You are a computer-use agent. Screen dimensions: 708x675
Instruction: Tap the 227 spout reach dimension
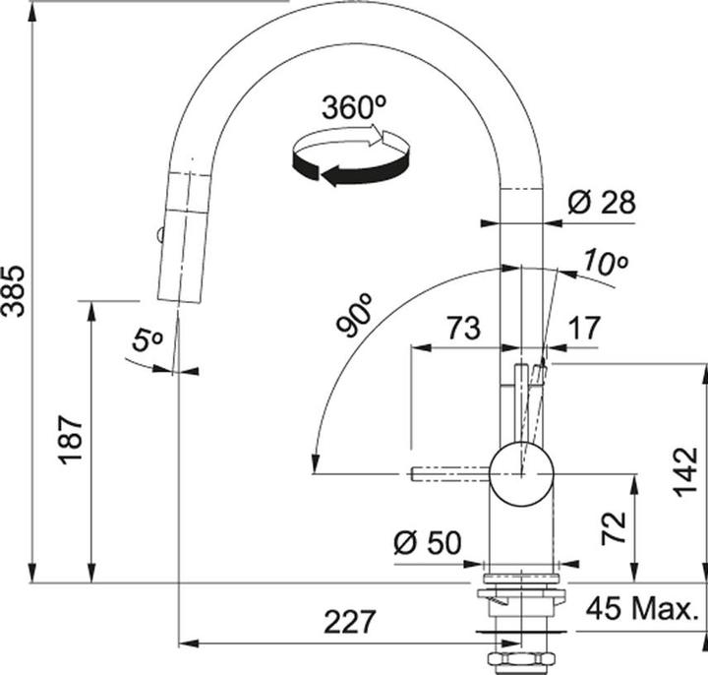click(x=349, y=622)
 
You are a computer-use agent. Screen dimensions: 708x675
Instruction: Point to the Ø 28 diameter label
click(x=602, y=202)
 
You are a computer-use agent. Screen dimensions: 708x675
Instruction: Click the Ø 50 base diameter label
click(x=427, y=542)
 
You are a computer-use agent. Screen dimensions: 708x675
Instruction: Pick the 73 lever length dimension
click(x=463, y=328)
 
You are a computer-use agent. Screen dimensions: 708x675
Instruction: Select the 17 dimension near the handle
click(x=585, y=328)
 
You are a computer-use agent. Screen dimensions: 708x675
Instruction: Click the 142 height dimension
click(x=686, y=471)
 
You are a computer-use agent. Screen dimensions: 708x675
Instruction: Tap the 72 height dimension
click(x=614, y=527)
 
